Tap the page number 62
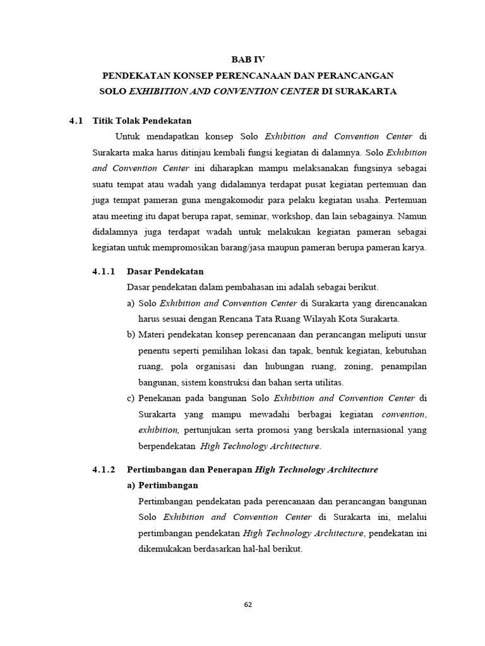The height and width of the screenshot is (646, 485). point(248,605)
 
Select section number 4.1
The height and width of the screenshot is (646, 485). point(76,120)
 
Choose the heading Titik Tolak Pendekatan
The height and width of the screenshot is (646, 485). point(142,120)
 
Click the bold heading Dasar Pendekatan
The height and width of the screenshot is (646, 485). point(165,271)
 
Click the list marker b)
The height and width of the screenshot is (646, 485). point(131,334)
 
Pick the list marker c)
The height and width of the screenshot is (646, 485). point(131,398)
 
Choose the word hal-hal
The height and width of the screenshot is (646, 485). point(254,549)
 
